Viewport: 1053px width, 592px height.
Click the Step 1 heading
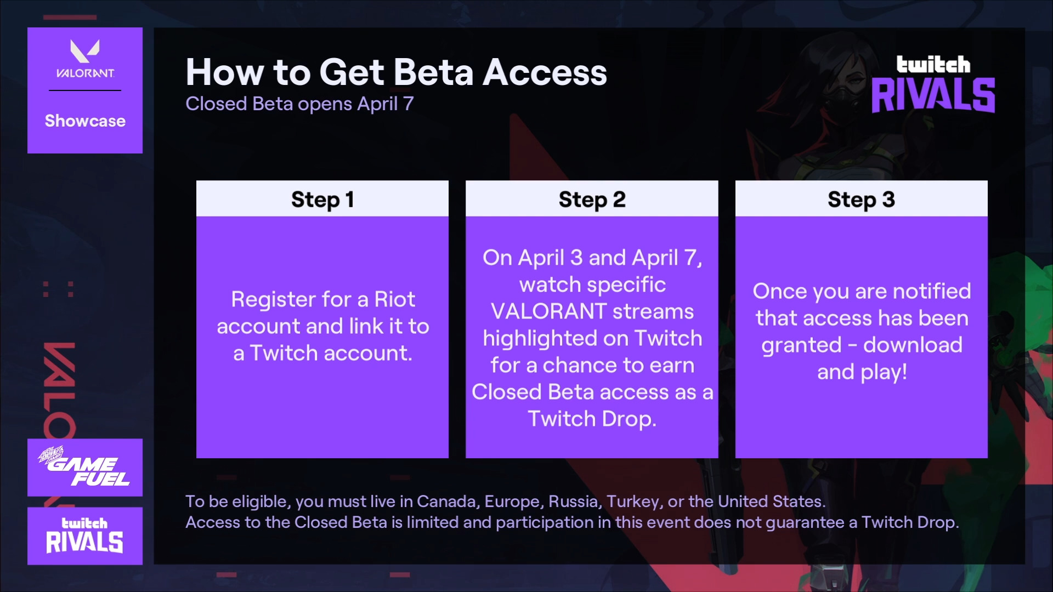click(x=322, y=200)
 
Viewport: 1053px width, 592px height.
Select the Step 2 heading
click(x=592, y=200)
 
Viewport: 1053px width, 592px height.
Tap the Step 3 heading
click(x=861, y=200)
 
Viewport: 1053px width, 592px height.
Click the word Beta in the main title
click(x=433, y=72)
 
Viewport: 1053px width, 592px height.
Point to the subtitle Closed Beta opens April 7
click(x=299, y=104)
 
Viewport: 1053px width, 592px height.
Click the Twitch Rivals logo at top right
click(x=933, y=84)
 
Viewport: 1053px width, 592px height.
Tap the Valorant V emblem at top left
click(x=85, y=50)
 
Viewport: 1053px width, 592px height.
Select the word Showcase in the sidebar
click(x=85, y=121)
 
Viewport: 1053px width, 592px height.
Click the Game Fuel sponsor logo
click(x=84, y=467)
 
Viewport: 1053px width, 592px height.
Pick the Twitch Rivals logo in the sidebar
click(x=84, y=536)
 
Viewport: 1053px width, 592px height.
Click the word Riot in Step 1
click(x=394, y=299)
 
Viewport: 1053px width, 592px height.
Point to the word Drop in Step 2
click(x=629, y=419)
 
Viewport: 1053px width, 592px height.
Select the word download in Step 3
click(x=913, y=345)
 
